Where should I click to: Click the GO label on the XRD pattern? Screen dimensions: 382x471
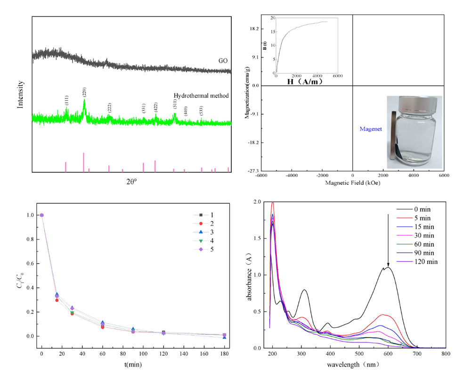coord(222,61)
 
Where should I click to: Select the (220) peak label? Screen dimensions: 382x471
coord(84,91)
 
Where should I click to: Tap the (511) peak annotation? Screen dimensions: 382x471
coord(175,104)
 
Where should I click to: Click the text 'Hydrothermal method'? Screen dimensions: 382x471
coord(201,96)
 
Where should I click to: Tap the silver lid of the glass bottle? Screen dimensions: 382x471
coord(414,103)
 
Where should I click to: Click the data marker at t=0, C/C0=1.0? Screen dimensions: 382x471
coord(41,215)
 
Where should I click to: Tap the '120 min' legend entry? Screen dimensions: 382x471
coord(422,261)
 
